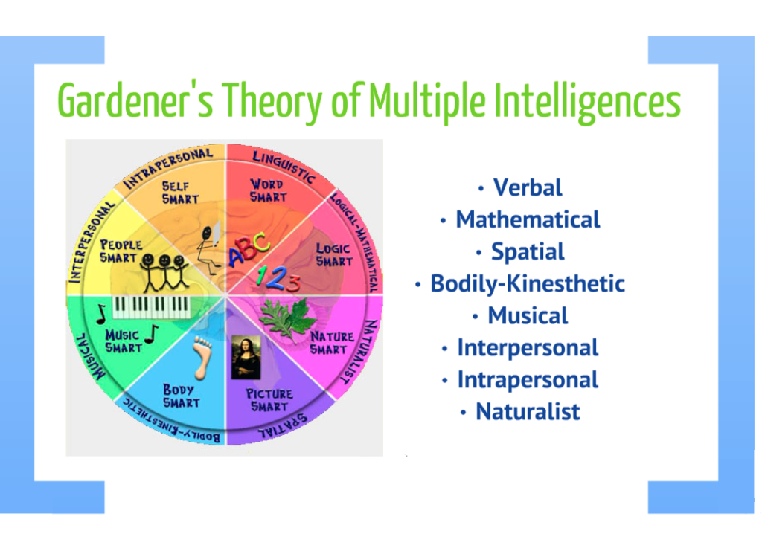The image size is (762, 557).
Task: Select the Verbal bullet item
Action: tap(528, 187)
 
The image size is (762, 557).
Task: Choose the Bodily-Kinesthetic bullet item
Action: tap(528, 283)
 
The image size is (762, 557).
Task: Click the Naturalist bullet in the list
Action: tap(528, 411)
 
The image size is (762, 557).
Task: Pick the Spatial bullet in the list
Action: tap(528, 251)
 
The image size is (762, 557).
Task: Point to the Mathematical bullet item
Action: tap(528, 219)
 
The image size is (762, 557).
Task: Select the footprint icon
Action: tap(198, 355)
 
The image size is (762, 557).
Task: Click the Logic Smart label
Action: tap(334, 254)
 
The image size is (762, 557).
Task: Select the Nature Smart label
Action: tap(331, 343)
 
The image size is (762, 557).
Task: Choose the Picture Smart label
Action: tap(269, 400)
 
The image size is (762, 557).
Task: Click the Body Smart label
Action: tap(181, 396)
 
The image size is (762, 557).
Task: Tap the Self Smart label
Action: tap(180, 193)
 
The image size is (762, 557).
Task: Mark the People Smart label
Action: tap(121, 251)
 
